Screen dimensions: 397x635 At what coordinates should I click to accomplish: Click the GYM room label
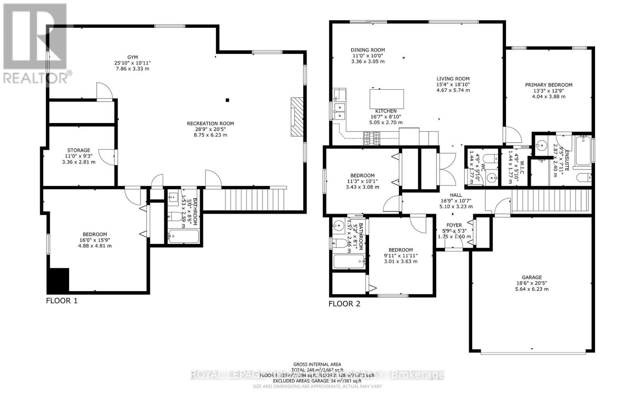pos(133,58)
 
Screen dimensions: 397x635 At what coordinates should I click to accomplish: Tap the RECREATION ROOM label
pos(210,123)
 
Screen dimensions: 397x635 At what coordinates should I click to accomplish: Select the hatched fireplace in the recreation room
pos(296,117)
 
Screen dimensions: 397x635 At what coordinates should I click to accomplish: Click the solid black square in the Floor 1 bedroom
pos(58,280)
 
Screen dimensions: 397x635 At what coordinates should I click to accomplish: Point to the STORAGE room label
pos(79,150)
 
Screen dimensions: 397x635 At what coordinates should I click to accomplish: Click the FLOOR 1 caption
pos(62,301)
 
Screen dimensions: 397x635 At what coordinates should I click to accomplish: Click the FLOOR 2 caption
pos(344,304)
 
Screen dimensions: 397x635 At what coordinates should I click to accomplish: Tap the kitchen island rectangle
pos(387,99)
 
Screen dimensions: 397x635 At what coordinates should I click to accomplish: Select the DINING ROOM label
pos(368,50)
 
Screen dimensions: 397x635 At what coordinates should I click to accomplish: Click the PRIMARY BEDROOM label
pos(548,85)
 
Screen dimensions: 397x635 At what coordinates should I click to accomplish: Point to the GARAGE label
pos(531,278)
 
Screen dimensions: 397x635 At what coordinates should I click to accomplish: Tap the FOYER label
pos(454,225)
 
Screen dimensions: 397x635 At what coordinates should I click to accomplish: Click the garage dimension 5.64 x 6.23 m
pos(531,289)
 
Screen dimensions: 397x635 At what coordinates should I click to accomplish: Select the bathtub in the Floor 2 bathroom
pos(349,262)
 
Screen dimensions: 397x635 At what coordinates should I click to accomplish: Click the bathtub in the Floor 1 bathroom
pos(183,237)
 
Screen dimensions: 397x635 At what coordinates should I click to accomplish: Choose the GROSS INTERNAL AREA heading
pos(317,364)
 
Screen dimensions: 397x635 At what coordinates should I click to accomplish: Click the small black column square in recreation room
pos(227,100)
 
